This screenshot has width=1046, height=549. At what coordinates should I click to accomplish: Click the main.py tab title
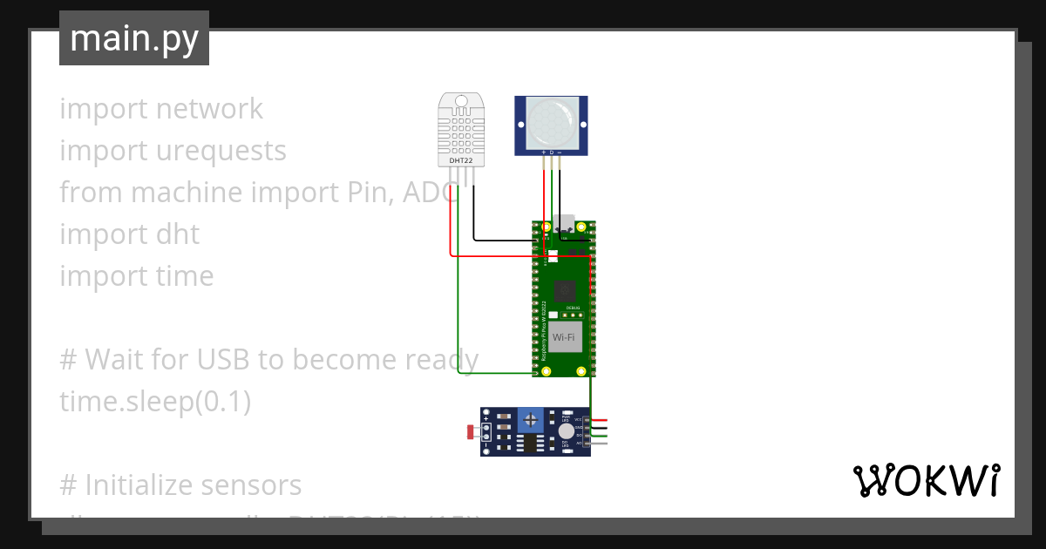(133, 38)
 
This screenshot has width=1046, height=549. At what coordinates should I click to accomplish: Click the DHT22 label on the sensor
(460, 160)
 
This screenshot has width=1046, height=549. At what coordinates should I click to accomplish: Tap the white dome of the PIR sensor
(551, 122)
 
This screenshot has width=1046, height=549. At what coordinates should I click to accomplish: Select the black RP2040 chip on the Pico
(564, 289)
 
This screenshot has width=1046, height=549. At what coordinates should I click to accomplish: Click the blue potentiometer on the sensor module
(530, 421)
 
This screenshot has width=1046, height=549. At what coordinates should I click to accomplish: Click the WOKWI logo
(926, 480)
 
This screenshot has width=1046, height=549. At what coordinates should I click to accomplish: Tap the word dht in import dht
(178, 234)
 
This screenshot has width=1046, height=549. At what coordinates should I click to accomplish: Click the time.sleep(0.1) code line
(155, 402)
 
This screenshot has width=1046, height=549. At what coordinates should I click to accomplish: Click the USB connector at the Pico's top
(563, 225)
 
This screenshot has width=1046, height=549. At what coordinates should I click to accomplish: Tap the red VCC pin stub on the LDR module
(599, 420)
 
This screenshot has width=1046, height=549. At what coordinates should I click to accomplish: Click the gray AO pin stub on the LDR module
(599, 444)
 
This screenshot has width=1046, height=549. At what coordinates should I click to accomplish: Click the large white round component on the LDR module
(567, 431)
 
